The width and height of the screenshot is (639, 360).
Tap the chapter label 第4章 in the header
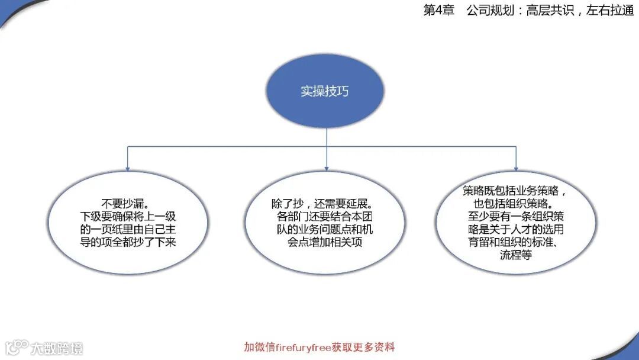(x=438, y=11)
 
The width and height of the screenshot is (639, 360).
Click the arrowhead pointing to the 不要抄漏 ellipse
(x=128, y=168)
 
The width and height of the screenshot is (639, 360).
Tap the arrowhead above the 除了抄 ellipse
(x=327, y=168)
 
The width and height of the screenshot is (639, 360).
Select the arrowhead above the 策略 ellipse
(x=516, y=168)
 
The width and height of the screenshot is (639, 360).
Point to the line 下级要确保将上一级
(x=128, y=215)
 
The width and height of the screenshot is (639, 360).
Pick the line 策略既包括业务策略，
(x=516, y=191)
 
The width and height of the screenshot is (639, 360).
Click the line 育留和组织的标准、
(x=516, y=243)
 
